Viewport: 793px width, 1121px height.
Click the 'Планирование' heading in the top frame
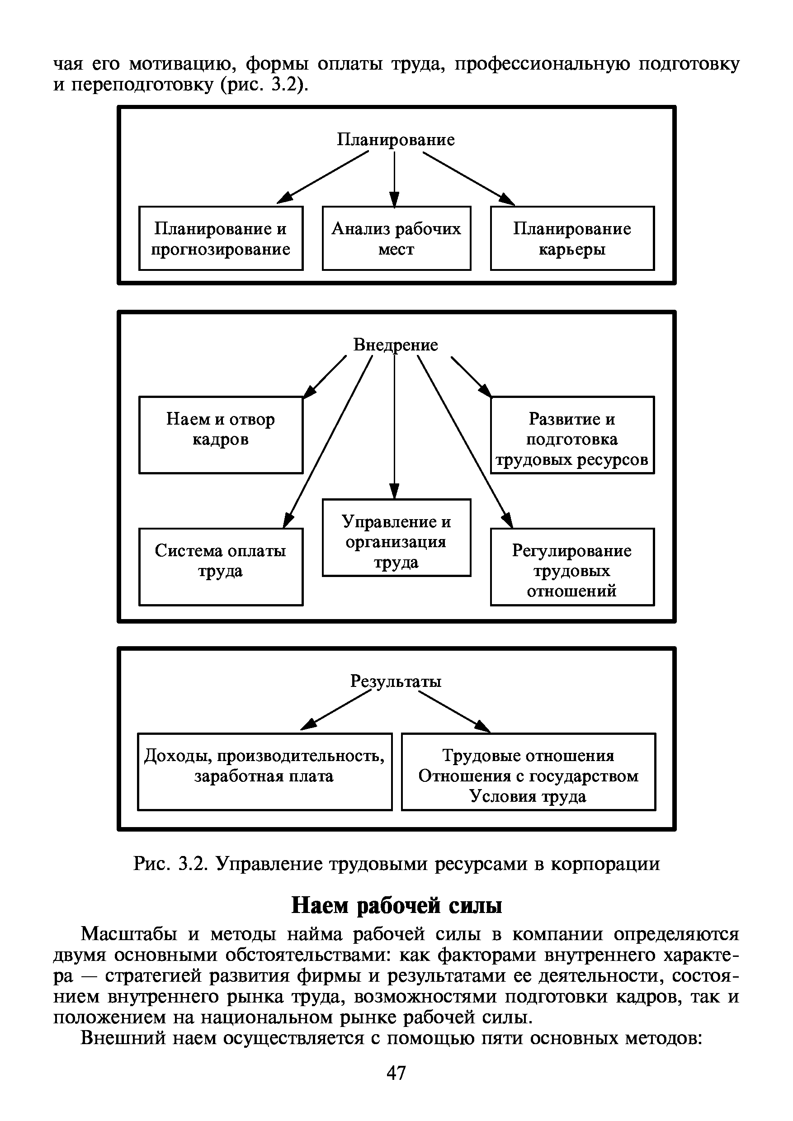tap(396, 140)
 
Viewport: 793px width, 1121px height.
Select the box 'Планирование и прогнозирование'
tap(221, 238)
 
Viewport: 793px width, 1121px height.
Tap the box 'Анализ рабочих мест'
tap(396, 238)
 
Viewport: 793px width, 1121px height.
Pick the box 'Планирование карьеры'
tap(572, 238)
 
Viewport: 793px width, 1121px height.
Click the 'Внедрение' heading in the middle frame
tap(396, 345)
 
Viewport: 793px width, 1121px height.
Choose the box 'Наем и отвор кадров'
tap(221, 434)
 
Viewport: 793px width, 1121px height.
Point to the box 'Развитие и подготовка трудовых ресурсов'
tap(572, 434)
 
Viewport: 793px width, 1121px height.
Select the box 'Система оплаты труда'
tap(221, 566)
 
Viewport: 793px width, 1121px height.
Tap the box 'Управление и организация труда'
tap(396, 537)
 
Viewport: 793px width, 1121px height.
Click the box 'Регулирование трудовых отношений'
tap(572, 566)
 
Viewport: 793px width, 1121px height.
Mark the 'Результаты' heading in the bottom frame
tap(396, 681)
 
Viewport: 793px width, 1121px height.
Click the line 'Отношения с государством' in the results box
tap(529, 776)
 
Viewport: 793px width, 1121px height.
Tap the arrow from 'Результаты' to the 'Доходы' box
tap(337, 709)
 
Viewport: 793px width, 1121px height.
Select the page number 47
tap(396, 1073)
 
